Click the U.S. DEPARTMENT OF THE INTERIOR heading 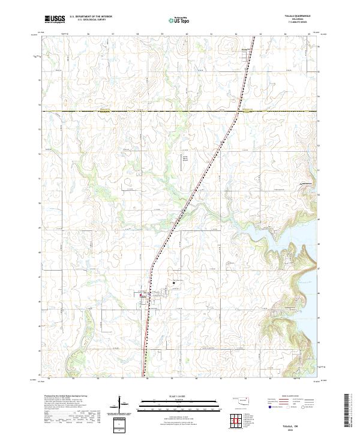[91, 17]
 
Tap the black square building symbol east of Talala [174, 282]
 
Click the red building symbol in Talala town [142, 295]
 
